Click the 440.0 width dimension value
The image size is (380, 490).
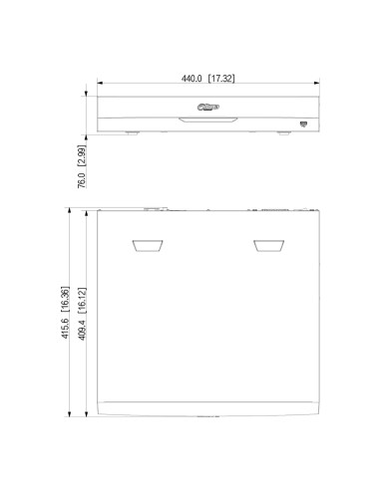click(x=191, y=79)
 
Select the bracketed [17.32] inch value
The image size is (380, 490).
click(x=221, y=79)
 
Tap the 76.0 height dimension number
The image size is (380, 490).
click(x=82, y=180)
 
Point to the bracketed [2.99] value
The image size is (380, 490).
click(x=82, y=155)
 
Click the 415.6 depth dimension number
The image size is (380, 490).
click(x=65, y=329)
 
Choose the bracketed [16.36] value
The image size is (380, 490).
click(x=65, y=299)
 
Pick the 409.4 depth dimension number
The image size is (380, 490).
click(x=82, y=330)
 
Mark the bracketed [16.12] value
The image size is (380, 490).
click(x=82, y=301)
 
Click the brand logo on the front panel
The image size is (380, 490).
click(x=208, y=107)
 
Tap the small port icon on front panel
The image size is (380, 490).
click(x=303, y=124)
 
